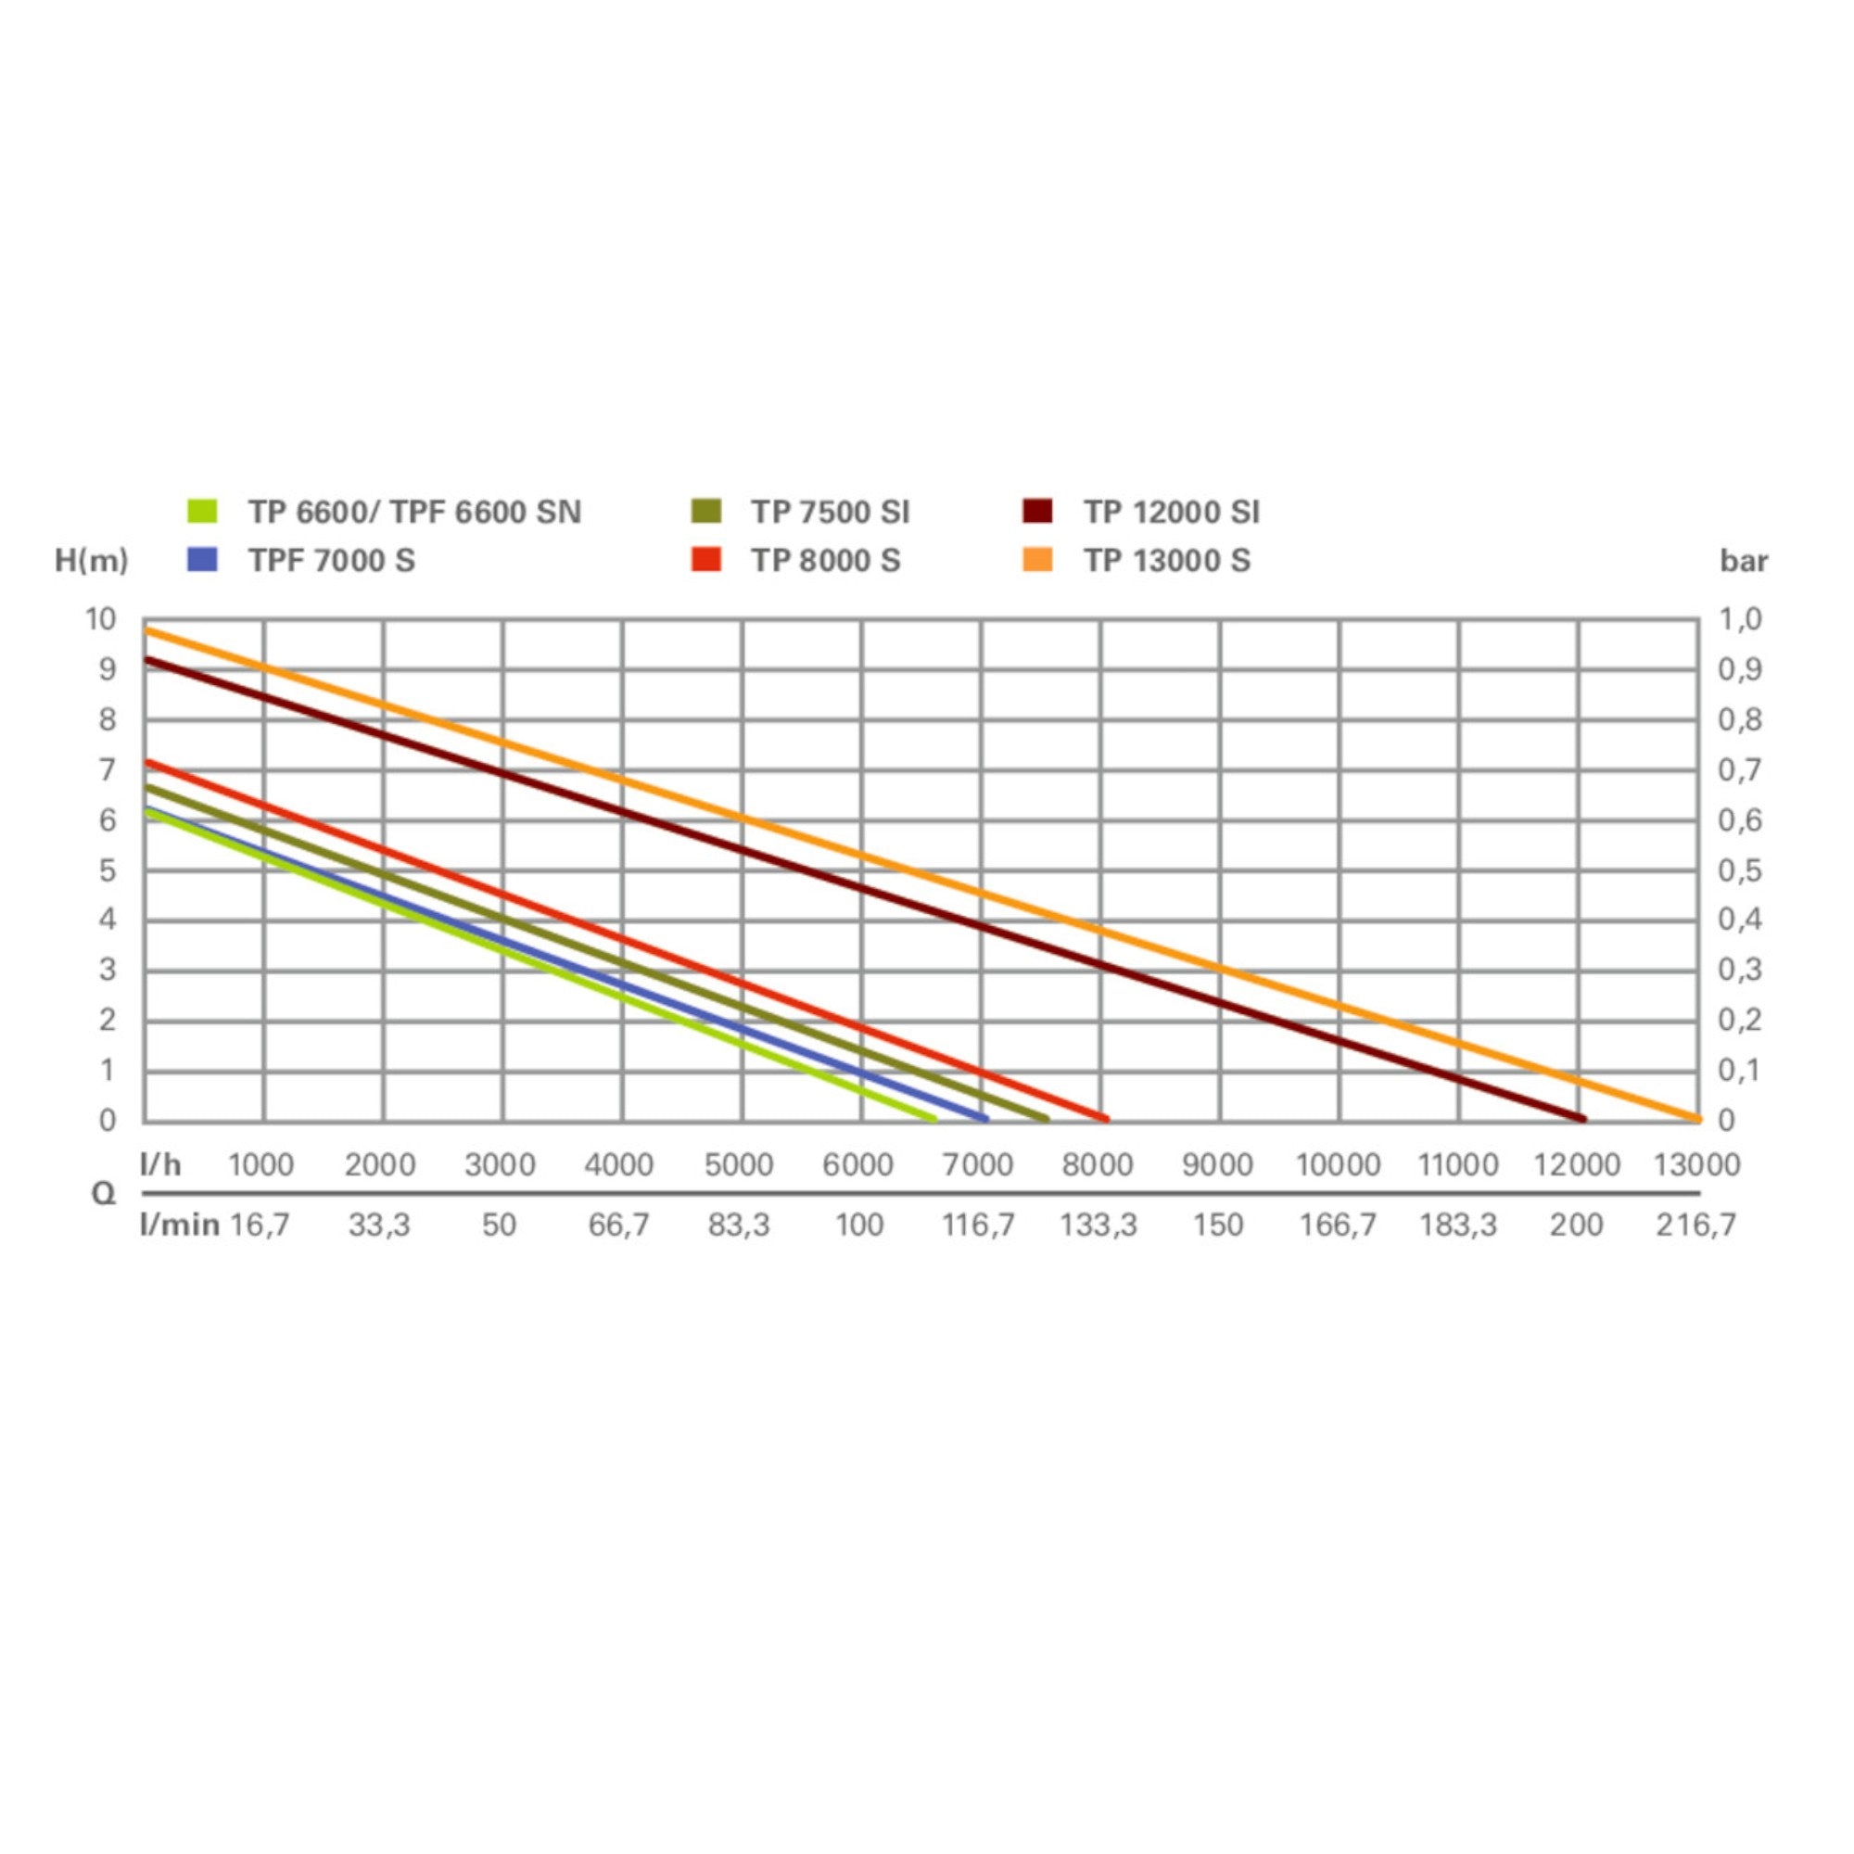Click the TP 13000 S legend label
click(x=1167, y=561)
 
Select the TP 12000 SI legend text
click(x=1172, y=513)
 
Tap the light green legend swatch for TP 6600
click(x=202, y=512)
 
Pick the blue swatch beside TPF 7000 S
click(x=202, y=560)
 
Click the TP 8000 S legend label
click(x=825, y=561)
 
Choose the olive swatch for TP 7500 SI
click(x=705, y=512)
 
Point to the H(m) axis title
click(x=91, y=561)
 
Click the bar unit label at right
click(x=1744, y=561)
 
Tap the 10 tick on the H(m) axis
click(x=101, y=620)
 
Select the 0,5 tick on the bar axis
click(x=1741, y=870)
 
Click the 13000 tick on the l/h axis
click(x=1696, y=1165)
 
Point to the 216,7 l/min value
click(x=1696, y=1225)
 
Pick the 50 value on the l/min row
click(x=499, y=1225)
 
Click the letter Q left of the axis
click(x=103, y=1194)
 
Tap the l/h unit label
click(x=160, y=1165)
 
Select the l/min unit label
click(x=180, y=1225)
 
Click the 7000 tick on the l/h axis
click(x=978, y=1165)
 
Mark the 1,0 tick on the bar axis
click(x=1741, y=620)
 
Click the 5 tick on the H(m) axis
click(x=107, y=870)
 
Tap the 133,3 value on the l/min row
click(x=1098, y=1225)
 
